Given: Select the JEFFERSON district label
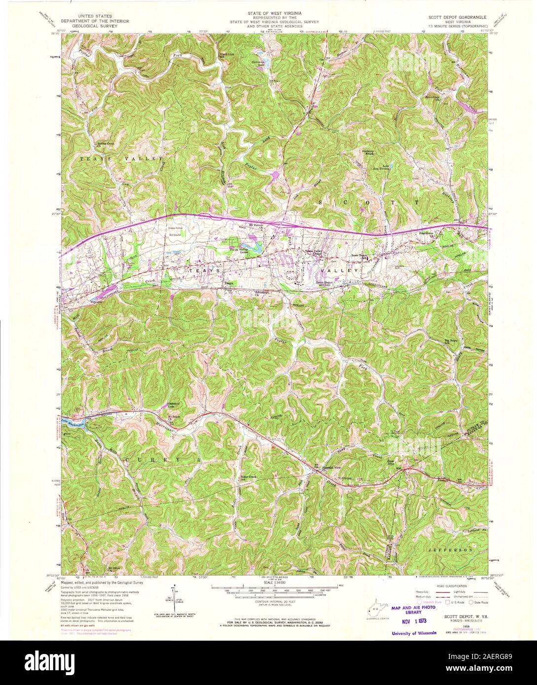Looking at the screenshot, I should click(450, 548).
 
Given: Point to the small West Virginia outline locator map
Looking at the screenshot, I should click(374, 611).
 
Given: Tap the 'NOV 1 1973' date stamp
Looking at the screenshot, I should click(412, 620).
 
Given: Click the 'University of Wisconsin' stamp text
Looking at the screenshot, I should click(414, 633).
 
